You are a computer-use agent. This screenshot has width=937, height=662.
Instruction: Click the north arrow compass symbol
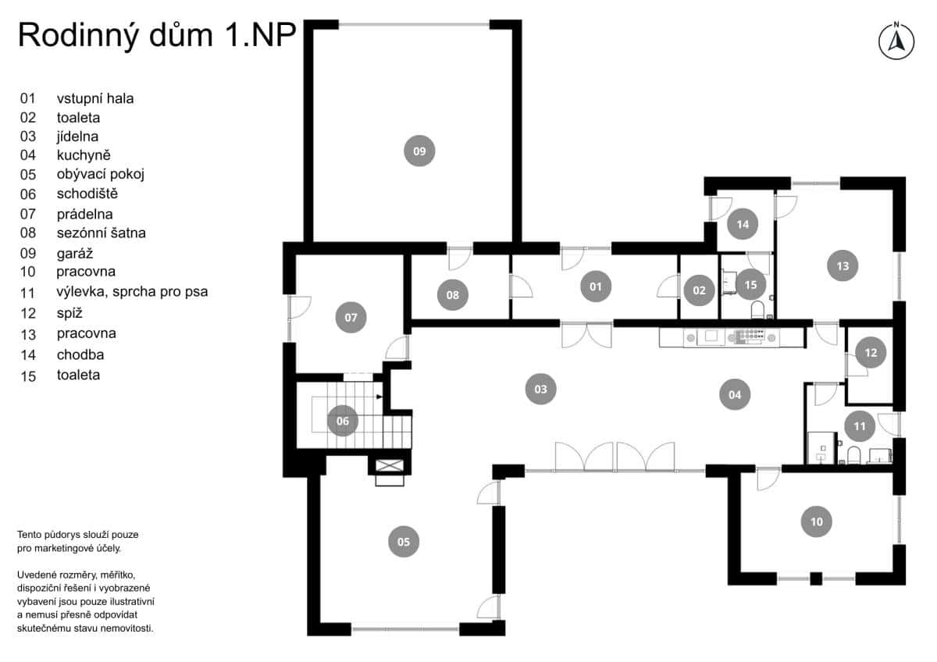(x=896, y=41)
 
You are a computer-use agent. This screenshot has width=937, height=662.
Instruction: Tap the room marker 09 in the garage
(x=419, y=151)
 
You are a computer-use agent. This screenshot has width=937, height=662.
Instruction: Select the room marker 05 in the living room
(x=403, y=541)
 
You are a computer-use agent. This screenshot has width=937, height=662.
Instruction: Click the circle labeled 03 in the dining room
(x=540, y=388)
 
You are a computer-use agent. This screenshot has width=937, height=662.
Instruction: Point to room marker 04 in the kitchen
(x=735, y=395)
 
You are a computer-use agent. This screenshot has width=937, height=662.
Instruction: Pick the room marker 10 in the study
(x=816, y=521)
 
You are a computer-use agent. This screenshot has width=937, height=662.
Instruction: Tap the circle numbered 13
(x=843, y=265)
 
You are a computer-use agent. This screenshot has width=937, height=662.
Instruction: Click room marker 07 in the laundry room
(x=351, y=318)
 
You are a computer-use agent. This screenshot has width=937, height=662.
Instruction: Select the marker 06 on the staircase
(x=342, y=421)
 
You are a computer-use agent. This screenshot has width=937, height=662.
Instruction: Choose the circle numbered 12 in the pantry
(x=871, y=353)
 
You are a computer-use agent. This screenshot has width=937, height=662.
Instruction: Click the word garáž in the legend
(x=75, y=253)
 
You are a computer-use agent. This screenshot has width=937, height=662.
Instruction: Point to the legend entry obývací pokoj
(x=100, y=174)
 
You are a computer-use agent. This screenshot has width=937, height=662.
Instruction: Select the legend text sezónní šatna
(x=101, y=233)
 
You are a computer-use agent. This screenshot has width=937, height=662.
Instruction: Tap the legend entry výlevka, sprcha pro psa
(x=132, y=292)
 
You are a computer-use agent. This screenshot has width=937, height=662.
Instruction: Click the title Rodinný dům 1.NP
(x=156, y=35)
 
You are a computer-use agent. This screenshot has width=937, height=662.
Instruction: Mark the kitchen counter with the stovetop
(x=730, y=337)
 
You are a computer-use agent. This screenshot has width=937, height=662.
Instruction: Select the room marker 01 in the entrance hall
(x=596, y=287)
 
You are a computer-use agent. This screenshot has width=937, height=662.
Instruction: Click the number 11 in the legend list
(x=28, y=293)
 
